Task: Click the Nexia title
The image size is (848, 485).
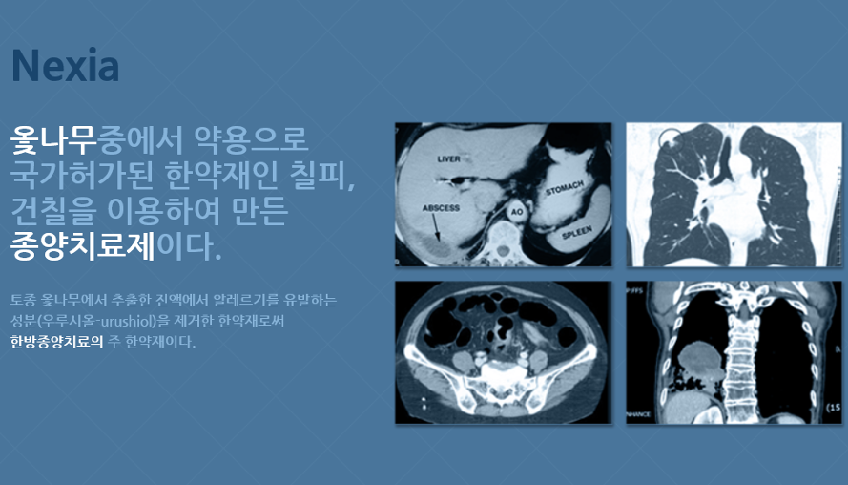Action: pos(66,66)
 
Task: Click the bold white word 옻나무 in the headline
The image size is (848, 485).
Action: pos(53,139)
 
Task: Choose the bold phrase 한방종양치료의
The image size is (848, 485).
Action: pos(57,342)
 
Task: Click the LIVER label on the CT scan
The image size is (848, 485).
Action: pos(448,159)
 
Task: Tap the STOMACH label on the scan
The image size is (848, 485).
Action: pos(565,188)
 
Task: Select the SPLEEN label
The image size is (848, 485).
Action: pos(576,232)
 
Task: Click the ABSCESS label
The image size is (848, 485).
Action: pos(441,208)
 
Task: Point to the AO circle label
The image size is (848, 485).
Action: pos(516,212)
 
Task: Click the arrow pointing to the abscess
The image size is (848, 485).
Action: pos(435,227)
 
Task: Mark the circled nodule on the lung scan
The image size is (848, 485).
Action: pos(671,140)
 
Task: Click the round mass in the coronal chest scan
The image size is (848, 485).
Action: pos(700,359)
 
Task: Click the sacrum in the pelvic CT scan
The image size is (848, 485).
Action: pos(504,380)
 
